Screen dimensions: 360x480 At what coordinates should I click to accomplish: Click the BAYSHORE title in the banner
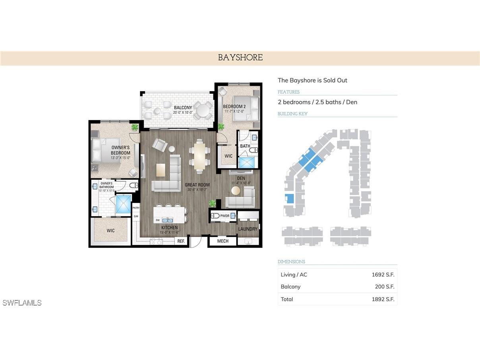click(x=240, y=58)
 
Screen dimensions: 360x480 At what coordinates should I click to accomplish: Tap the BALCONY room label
click(x=182, y=108)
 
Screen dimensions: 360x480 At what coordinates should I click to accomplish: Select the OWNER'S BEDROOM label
click(x=120, y=150)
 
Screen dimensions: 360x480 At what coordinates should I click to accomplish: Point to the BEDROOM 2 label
click(x=234, y=106)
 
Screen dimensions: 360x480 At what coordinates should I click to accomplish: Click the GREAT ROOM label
click(x=197, y=185)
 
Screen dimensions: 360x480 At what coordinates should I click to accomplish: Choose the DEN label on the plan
click(x=241, y=178)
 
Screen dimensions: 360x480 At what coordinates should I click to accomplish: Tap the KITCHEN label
click(x=169, y=228)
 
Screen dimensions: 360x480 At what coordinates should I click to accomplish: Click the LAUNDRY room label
click(x=248, y=229)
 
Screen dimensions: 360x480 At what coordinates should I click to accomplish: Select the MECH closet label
click(x=223, y=241)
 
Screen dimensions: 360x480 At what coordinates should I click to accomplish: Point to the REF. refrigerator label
click(x=181, y=241)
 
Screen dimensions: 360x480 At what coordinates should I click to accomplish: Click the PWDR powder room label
click(x=225, y=216)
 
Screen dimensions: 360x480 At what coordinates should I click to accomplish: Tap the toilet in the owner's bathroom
click(x=134, y=185)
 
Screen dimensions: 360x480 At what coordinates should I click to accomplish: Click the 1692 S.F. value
click(x=383, y=275)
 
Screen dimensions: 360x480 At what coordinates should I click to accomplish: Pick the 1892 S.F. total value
click(x=383, y=299)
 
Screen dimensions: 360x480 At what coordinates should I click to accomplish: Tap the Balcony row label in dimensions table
click(x=290, y=286)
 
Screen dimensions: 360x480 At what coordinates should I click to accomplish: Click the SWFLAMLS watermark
click(x=22, y=303)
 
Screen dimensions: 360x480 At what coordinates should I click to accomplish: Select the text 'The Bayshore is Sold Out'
click(x=312, y=80)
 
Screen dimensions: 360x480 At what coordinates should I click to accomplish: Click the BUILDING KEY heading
click(x=292, y=114)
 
